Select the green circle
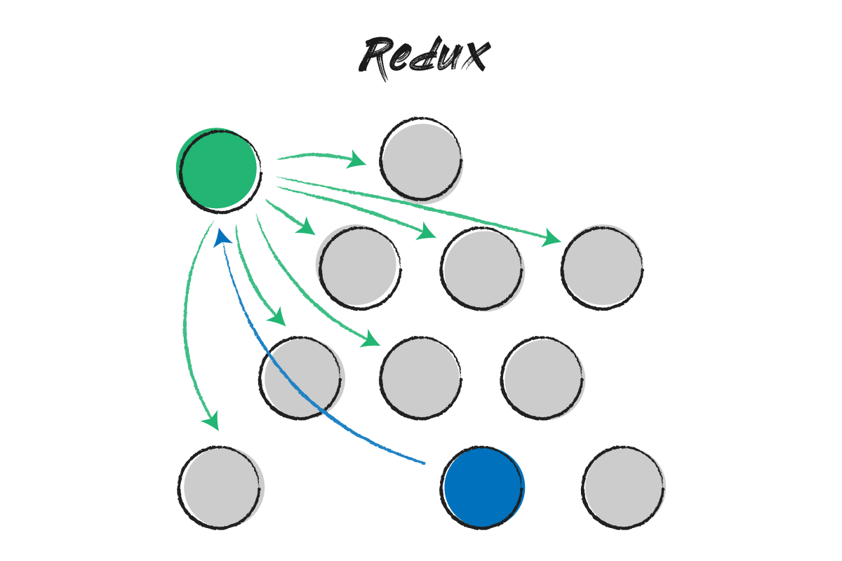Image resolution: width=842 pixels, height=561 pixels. pyautogui.click(x=218, y=168)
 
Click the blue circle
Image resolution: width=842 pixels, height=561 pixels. pyautogui.click(x=483, y=488)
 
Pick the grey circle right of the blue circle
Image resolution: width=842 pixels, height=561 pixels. pyautogui.click(x=623, y=487)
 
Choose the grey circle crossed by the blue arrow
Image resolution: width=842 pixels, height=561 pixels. pyautogui.click(x=302, y=377)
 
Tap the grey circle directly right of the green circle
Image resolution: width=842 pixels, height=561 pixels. pyautogui.click(x=421, y=161)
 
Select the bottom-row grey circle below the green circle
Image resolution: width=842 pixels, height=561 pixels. pyautogui.click(x=220, y=487)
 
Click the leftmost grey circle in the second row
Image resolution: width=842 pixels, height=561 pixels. pyautogui.click(x=358, y=266)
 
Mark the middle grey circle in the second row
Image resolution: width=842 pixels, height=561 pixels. pyautogui.click(x=483, y=269)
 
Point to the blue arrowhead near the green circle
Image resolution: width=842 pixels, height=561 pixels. pyautogui.click(x=222, y=234)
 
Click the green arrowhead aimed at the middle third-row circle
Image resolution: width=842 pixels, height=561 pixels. pyautogui.click(x=371, y=340)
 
